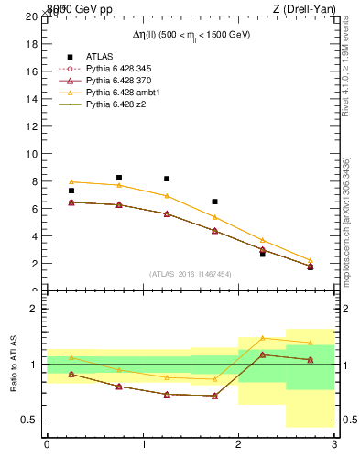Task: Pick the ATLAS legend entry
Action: click(99, 56)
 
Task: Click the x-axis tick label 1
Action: click(143, 444)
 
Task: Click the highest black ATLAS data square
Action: click(119, 178)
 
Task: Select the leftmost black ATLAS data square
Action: click(71, 191)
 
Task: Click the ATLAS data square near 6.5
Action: click(214, 202)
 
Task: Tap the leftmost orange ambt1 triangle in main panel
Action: click(71, 181)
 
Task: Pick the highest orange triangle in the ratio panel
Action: click(262, 338)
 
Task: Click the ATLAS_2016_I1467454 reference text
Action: click(191, 273)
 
